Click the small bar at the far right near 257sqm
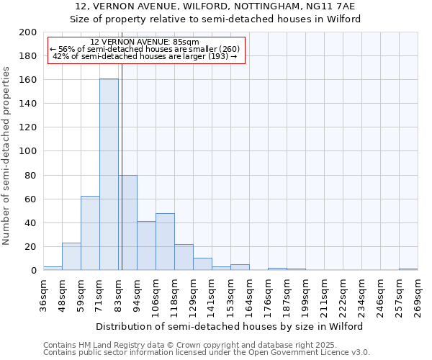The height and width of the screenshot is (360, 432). click(408, 269)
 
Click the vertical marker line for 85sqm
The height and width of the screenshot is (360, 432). click(122, 180)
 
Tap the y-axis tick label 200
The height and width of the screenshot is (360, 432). click(28, 32)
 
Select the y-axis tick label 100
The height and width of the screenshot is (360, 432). click(28, 151)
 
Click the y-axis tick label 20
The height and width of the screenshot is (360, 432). click(30, 246)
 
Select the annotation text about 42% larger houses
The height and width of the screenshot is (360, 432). click(145, 56)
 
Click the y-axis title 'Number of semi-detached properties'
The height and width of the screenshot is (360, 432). click(6, 156)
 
